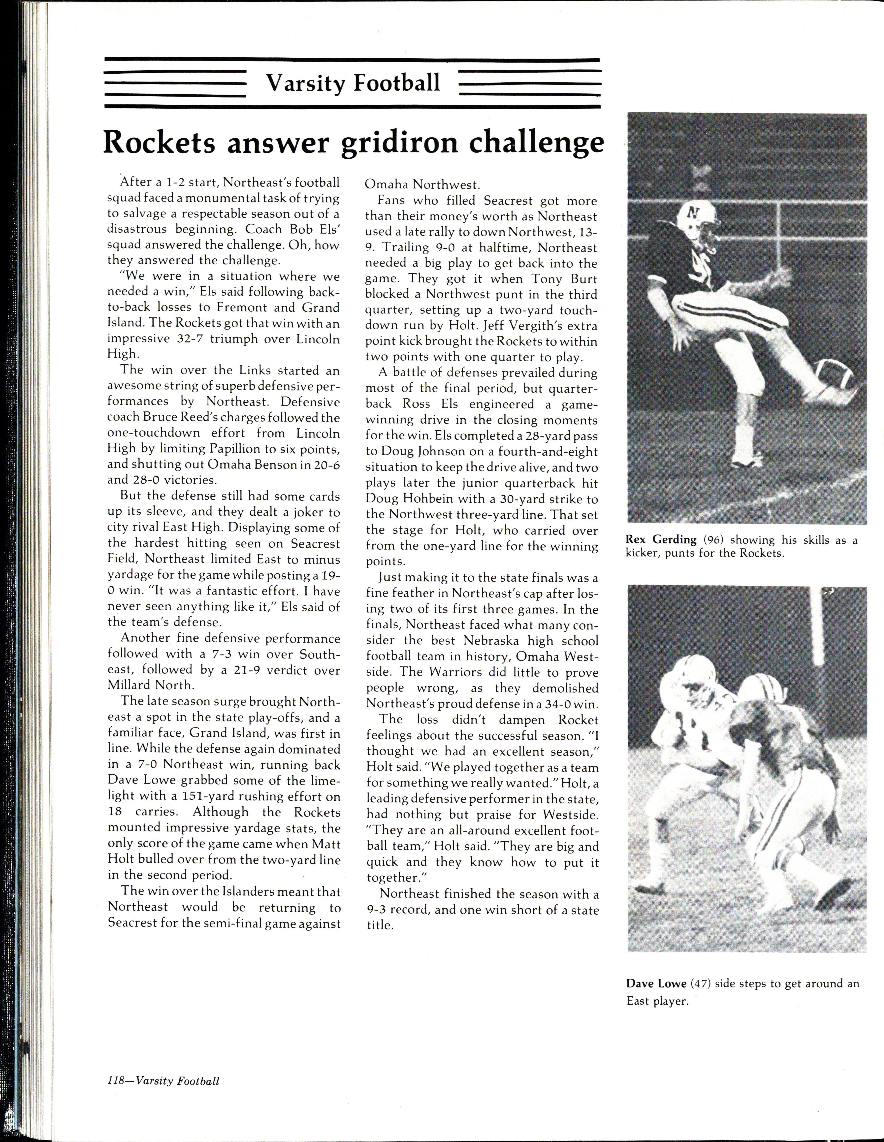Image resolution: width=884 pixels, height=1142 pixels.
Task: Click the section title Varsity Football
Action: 353,83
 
